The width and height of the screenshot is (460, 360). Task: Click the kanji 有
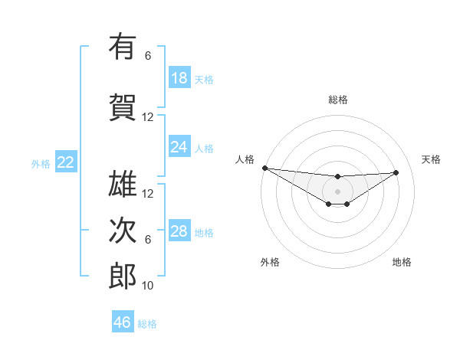pyautogui.click(x=123, y=47)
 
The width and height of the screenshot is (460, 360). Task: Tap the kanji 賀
pyautogui.click(x=123, y=106)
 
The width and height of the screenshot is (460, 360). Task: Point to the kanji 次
pyautogui.click(x=123, y=230)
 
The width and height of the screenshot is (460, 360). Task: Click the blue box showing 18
pyautogui.click(x=179, y=78)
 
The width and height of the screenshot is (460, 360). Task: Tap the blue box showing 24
pyautogui.click(x=179, y=147)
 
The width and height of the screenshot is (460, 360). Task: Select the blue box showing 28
pyautogui.click(x=179, y=231)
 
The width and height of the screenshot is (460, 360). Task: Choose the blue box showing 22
pyautogui.click(x=66, y=162)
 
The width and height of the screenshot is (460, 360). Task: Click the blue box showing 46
pyautogui.click(x=123, y=322)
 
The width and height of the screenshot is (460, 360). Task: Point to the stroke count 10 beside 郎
pyautogui.click(x=148, y=286)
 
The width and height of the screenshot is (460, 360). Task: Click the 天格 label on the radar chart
pyautogui.click(x=432, y=159)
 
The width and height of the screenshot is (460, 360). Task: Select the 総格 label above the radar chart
pyautogui.click(x=338, y=100)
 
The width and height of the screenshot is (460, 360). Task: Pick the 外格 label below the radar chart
pyautogui.click(x=270, y=262)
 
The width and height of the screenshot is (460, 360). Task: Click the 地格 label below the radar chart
pyautogui.click(x=402, y=262)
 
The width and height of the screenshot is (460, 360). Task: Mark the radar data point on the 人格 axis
pyautogui.click(x=264, y=168)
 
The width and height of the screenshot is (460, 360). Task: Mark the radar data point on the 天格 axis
pyautogui.click(x=396, y=172)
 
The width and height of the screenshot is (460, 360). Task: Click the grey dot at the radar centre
pyautogui.click(x=337, y=191)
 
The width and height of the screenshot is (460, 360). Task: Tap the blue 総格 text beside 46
pyautogui.click(x=147, y=324)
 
